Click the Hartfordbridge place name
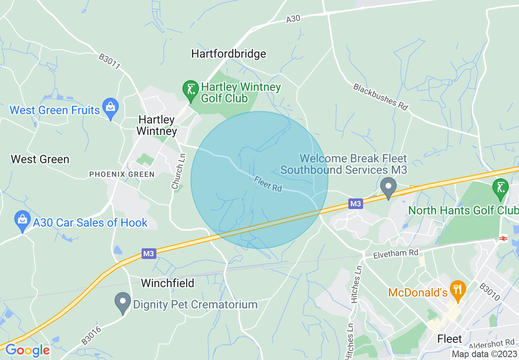pyautogui.click(x=228, y=54)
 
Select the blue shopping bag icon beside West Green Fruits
pyautogui.click(x=110, y=107)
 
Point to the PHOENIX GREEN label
pyautogui.click(x=122, y=174)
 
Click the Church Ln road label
pyautogui.click(x=179, y=171)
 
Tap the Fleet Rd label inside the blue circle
pyautogui.click(x=268, y=184)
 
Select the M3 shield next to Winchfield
pyautogui.click(x=149, y=254)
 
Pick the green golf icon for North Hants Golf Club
pyautogui.click(x=500, y=188)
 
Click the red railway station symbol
pyautogui.click(x=503, y=239)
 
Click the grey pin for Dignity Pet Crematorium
pyautogui.click(x=122, y=302)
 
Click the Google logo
pyautogui.click(x=27, y=350)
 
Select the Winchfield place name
pyautogui.click(x=168, y=283)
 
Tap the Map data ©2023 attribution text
pyautogui.click(x=484, y=354)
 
